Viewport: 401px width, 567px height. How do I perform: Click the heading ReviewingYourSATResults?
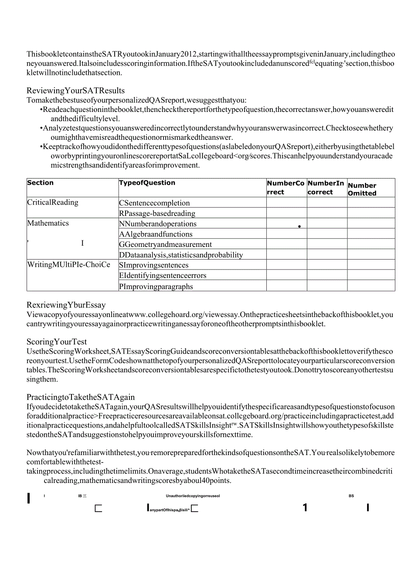tap(75, 91)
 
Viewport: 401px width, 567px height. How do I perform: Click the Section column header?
tap(41, 183)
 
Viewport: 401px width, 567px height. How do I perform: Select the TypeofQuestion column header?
tap(147, 183)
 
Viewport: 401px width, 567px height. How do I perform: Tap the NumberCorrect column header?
tap(286, 188)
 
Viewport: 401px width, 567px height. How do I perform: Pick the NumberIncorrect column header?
tap(326, 188)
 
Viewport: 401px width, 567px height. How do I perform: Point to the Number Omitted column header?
tap(362, 189)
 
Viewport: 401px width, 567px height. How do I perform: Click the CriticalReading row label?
tap(53, 202)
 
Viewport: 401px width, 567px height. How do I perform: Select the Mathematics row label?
tap(48, 223)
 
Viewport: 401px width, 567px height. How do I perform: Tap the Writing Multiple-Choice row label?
tap(69, 265)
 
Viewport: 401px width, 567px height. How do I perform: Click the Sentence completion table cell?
tap(154, 203)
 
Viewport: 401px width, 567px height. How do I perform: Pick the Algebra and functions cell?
tap(156, 234)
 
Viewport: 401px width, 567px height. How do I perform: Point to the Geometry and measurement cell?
tap(165, 245)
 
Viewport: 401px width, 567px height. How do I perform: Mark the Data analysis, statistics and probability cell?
tap(181, 255)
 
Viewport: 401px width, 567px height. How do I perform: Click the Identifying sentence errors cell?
tap(163, 276)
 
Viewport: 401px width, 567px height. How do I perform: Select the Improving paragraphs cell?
tap(156, 287)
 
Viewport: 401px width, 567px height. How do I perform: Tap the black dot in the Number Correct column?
tap(300, 226)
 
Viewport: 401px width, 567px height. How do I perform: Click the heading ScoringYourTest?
tap(57, 342)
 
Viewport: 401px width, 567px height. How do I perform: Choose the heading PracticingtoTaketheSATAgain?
tap(81, 397)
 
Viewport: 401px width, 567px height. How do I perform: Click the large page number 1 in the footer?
tap(305, 507)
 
